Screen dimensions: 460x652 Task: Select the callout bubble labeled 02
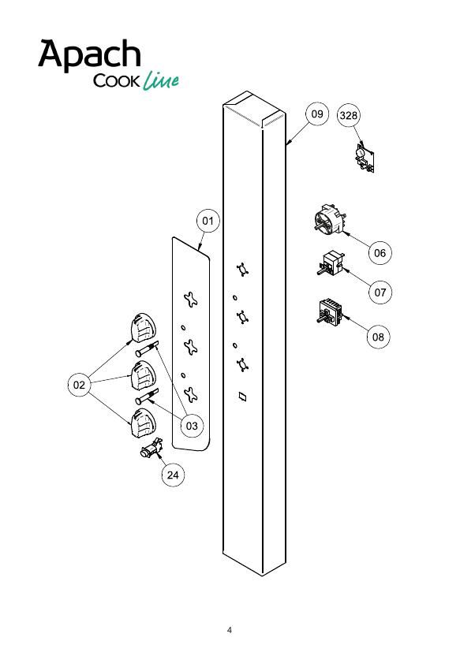tap(79, 385)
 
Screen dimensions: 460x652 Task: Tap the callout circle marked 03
tap(192, 426)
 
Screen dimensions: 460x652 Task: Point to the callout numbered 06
tap(380, 252)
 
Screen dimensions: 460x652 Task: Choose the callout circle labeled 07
tap(380, 292)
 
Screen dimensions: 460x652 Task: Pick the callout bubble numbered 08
tap(378, 337)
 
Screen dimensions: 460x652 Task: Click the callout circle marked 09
tap(317, 114)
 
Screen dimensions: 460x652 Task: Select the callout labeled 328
tap(348, 115)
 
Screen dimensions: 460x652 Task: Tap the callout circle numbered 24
tap(173, 475)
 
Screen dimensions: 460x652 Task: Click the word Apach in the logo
tap(89, 54)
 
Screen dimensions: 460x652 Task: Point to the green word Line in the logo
tap(161, 80)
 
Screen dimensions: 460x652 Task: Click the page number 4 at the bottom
tap(230, 630)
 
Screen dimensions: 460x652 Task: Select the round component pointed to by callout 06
tap(330, 218)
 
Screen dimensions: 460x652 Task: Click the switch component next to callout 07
tap(330, 264)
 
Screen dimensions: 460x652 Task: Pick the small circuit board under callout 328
tap(365, 158)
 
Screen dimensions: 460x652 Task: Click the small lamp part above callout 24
tap(151, 449)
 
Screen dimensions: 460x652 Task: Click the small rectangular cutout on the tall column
tap(242, 397)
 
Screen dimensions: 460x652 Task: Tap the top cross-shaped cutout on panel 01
tap(191, 300)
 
